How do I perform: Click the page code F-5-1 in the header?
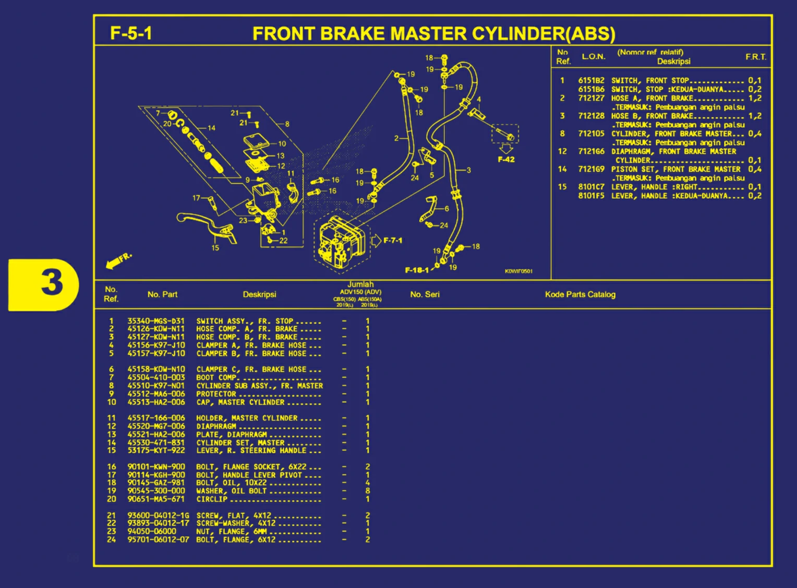pos(131,33)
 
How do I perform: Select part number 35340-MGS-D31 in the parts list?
pos(156,321)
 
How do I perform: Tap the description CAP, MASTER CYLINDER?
pos(240,402)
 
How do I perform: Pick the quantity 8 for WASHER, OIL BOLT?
pos(368,491)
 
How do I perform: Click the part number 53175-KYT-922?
pos(156,450)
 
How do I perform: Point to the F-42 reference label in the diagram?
pos(506,160)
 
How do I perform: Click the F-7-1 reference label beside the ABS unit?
pos(393,241)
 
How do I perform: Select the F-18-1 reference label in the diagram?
pos(417,270)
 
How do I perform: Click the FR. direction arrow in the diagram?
pos(118,261)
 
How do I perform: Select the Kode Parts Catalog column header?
pos(580,294)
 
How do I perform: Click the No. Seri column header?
pos(425,294)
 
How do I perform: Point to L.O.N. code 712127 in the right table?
pos(591,98)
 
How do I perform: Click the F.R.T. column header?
pos(755,56)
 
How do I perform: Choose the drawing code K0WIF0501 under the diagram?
pos(518,271)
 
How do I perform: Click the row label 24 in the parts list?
pos(111,539)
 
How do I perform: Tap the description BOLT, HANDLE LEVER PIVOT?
pos(249,475)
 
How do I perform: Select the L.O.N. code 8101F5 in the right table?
pos(591,196)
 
